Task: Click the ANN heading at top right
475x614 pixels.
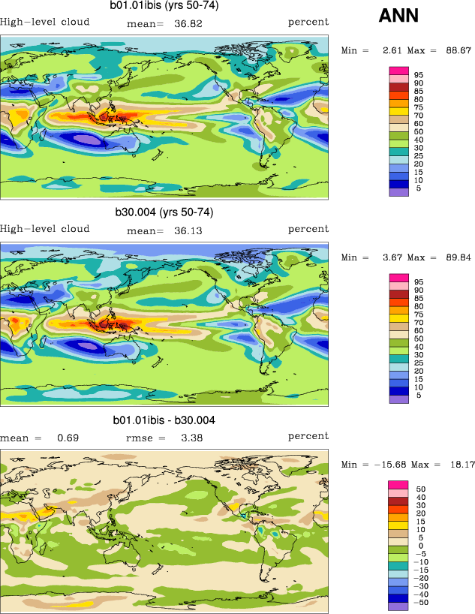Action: [398, 16]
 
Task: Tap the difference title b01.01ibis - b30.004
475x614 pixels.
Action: [164, 420]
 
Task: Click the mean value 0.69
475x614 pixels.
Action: [68, 438]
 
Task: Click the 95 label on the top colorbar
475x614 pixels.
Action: [419, 75]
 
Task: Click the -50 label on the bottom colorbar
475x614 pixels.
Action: [422, 603]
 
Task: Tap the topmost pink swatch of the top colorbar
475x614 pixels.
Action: [398, 71]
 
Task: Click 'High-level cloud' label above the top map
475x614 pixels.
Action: [45, 22]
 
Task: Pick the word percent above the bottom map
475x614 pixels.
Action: [308, 436]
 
